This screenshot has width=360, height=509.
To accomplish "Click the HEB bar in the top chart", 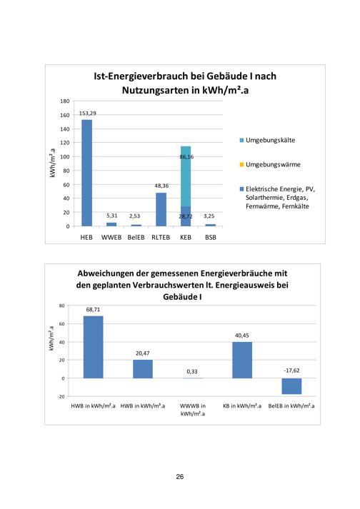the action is (86, 173).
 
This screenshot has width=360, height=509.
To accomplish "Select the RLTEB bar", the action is (161, 209).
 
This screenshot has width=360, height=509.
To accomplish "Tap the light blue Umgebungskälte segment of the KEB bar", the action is (186, 176).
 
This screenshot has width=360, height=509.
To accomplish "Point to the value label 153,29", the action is (88, 114).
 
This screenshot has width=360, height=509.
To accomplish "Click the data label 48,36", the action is (161, 186).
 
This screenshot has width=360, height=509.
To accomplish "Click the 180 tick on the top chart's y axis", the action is (65, 101).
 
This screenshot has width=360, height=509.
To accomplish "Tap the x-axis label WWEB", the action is (111, 237).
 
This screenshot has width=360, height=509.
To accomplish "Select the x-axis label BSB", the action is (211, 237).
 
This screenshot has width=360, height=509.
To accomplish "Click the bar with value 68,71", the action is (94, 347).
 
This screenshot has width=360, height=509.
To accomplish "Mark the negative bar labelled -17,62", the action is (291, 386).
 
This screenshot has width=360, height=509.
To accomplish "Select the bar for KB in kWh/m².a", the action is (242, 360).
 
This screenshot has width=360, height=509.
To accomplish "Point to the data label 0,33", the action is (192, 371).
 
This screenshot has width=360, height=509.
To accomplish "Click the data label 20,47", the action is (143, 353).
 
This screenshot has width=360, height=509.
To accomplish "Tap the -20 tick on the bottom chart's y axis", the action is (61, 396).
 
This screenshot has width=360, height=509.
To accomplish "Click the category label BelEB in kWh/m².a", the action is (291, 405).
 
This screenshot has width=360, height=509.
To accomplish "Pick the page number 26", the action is (180, 477).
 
